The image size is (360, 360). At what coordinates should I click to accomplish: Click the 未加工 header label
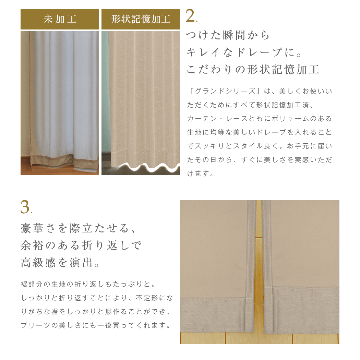click(x=60, y=19)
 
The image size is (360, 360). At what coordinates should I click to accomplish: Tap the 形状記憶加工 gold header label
click(x=141, y=19)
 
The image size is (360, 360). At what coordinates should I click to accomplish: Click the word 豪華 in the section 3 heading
click(x=32, y=228)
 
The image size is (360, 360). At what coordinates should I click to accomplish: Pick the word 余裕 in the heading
click(x=32, y=245)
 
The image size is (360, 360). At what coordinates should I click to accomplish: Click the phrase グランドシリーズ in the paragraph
click(x=225, y=91)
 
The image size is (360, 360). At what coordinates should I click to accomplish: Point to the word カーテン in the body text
click(x=202, y=119)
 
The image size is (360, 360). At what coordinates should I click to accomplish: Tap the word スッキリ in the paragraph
click(x=210, y=146)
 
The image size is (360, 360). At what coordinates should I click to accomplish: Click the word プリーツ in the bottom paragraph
click(x=36, y=325)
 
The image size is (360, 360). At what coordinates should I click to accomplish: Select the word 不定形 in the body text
click(x=147, y=298)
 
